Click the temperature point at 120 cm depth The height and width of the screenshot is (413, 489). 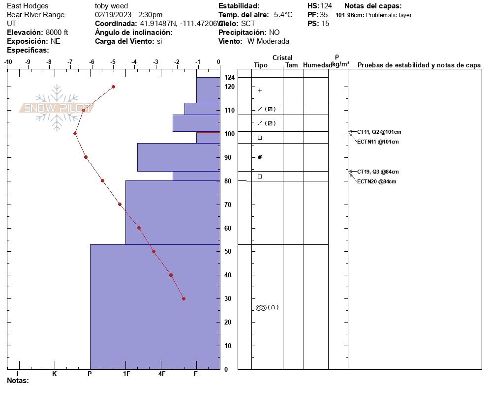click(113, 87)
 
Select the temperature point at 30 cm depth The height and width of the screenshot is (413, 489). click(183, 298)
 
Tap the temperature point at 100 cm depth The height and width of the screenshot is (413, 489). click(75, 133)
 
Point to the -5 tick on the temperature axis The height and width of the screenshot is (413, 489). click(113, 62)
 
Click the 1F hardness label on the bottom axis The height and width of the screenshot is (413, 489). click(126, 374)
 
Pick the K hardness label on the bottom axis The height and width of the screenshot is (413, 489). click(54, 374)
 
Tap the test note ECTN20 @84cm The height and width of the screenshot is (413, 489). click(376, 181)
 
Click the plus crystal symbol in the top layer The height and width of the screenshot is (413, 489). click(260, 90)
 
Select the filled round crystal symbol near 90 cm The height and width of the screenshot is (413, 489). click(260, 157)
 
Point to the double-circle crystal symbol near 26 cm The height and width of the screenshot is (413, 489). click(261, 308)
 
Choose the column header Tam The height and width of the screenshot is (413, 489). click(292, 65)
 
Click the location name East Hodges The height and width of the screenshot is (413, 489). click(28, 6)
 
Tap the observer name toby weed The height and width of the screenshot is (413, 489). click(111, 6)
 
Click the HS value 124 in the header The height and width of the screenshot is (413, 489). click(326, 6)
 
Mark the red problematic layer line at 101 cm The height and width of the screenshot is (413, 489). click(208, 132)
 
